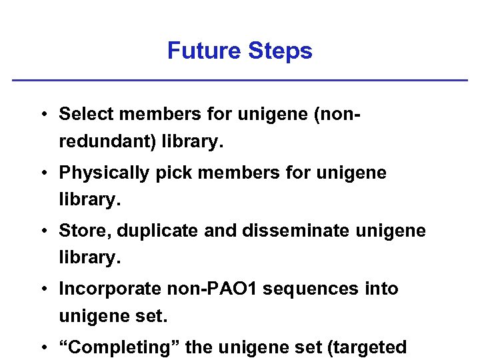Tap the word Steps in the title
(279, 51)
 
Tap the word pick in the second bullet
(177, 173)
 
